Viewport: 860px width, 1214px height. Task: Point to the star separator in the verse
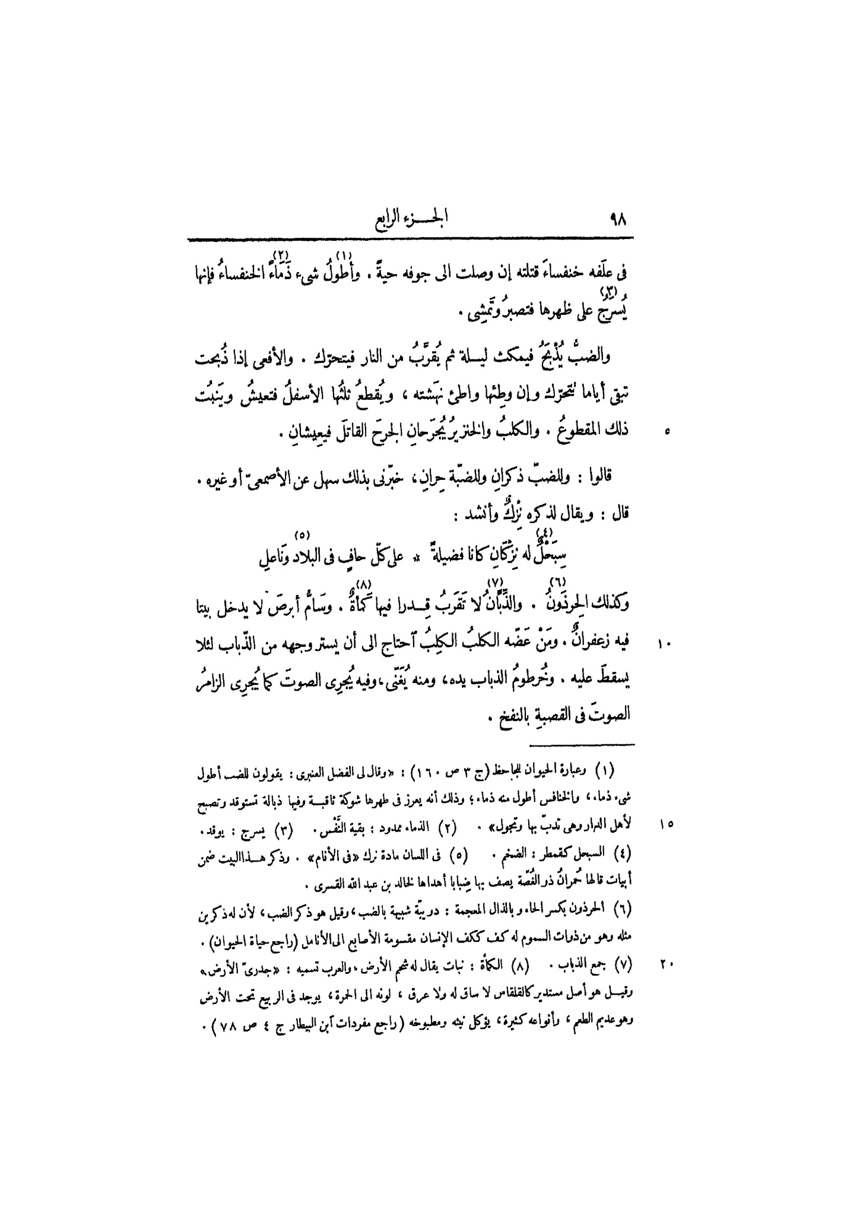click(x=417, y=559)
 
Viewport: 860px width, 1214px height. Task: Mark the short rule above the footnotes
click(x=581, y=744)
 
